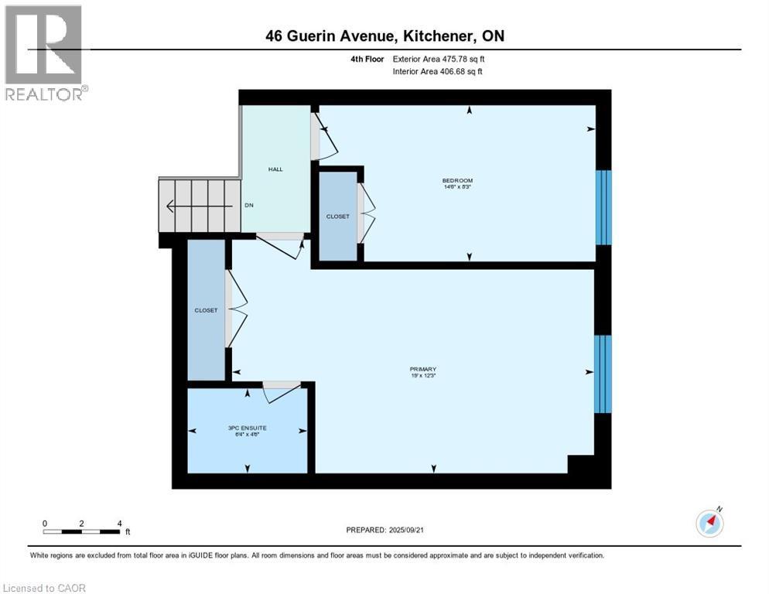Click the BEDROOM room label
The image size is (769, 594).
(456, 181)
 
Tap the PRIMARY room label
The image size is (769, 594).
(424, 369)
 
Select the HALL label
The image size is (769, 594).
(275, 169)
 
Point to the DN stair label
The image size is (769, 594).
(249, 206)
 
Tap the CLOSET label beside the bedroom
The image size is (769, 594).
(338, 217)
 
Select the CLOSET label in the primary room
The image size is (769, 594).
(206, 310)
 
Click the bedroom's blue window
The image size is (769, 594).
(603, 207)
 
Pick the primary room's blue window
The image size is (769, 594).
(603, 374)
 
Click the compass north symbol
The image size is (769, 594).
(709, 524)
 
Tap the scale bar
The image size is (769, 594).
(81, 531)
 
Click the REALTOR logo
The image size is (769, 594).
(44, 53)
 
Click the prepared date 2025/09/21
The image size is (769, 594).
(384, 530)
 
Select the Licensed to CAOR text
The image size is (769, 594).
(43, 588)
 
